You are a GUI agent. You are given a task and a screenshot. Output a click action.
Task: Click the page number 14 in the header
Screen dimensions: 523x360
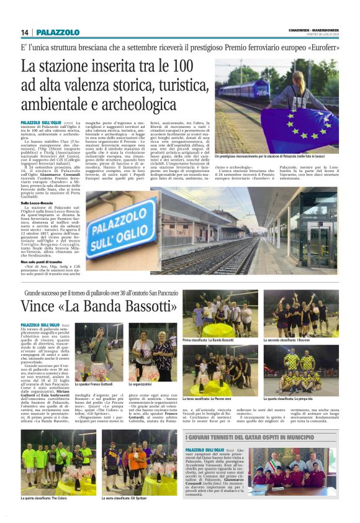(24, 32)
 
